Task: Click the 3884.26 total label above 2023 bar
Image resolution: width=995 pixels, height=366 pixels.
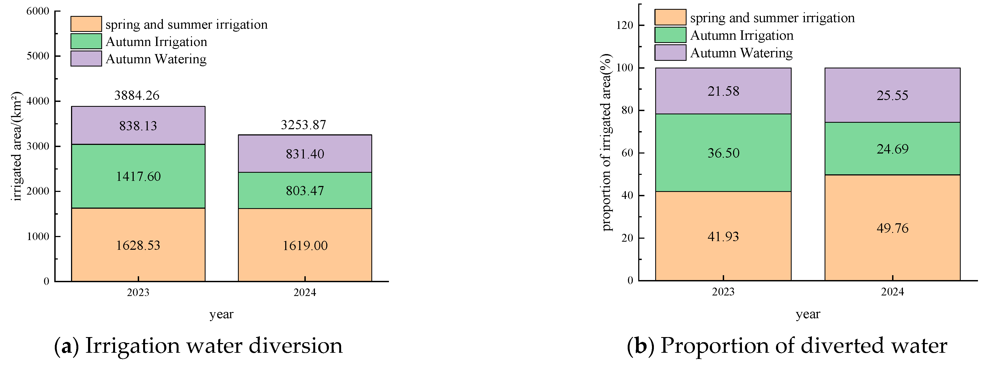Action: [x=137, y=95]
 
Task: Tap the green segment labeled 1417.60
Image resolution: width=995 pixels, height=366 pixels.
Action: [x=138, y=177]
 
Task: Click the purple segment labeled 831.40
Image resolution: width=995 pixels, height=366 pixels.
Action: [x=305, y=154]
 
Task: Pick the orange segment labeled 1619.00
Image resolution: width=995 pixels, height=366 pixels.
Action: [x=305, y=245]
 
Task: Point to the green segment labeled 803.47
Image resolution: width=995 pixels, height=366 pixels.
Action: [x=305, y=191]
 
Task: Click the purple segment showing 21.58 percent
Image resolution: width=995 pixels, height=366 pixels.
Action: [x=723, y=91]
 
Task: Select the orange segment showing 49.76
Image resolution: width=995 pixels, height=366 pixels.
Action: [x=892, y=228]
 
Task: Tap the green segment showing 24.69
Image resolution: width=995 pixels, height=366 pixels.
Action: [x=892, y=149]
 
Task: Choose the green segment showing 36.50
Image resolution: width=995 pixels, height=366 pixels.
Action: [x=723, y=153]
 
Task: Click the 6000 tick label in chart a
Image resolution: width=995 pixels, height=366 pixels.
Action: [x=38, y=11]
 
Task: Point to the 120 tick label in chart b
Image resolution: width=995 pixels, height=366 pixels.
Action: [x=625, y=25]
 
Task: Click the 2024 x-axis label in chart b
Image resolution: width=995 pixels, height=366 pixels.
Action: [x=892, y=292]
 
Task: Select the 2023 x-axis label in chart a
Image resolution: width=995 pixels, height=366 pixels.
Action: [x=138, y=292]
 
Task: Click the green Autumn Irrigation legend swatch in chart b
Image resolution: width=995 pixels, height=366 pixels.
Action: [x=670, y=35]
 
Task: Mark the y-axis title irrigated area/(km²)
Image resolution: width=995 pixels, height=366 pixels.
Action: [x=16, y=146]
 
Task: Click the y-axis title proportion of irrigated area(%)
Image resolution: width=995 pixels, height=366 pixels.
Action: [x=606, y=142]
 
